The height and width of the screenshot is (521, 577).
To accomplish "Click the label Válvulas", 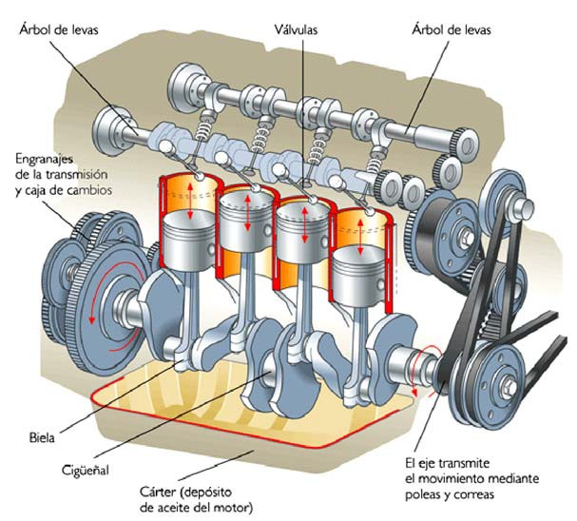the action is (x=296, y=29).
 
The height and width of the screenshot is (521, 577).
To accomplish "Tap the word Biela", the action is (x=42, y=438).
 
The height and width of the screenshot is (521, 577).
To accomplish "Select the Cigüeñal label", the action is (x=85, y=470).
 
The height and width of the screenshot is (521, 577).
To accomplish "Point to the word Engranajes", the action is (x=44, y=160).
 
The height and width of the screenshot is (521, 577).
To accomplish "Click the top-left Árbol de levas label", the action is (x=59, y=29).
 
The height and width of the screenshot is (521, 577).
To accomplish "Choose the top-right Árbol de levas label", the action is (x=452, y=29).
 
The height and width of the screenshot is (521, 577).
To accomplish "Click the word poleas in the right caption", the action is (x=423, y=495).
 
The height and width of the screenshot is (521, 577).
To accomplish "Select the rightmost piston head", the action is (x=358, y=274).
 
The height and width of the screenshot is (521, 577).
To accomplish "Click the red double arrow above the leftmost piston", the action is (x=190, y=202).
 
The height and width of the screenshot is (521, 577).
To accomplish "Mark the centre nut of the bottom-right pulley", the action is (x=510, y=387).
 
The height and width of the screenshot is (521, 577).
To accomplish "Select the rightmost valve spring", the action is (x=374, y=160).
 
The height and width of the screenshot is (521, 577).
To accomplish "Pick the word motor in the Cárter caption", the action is (x=234, y=508).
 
